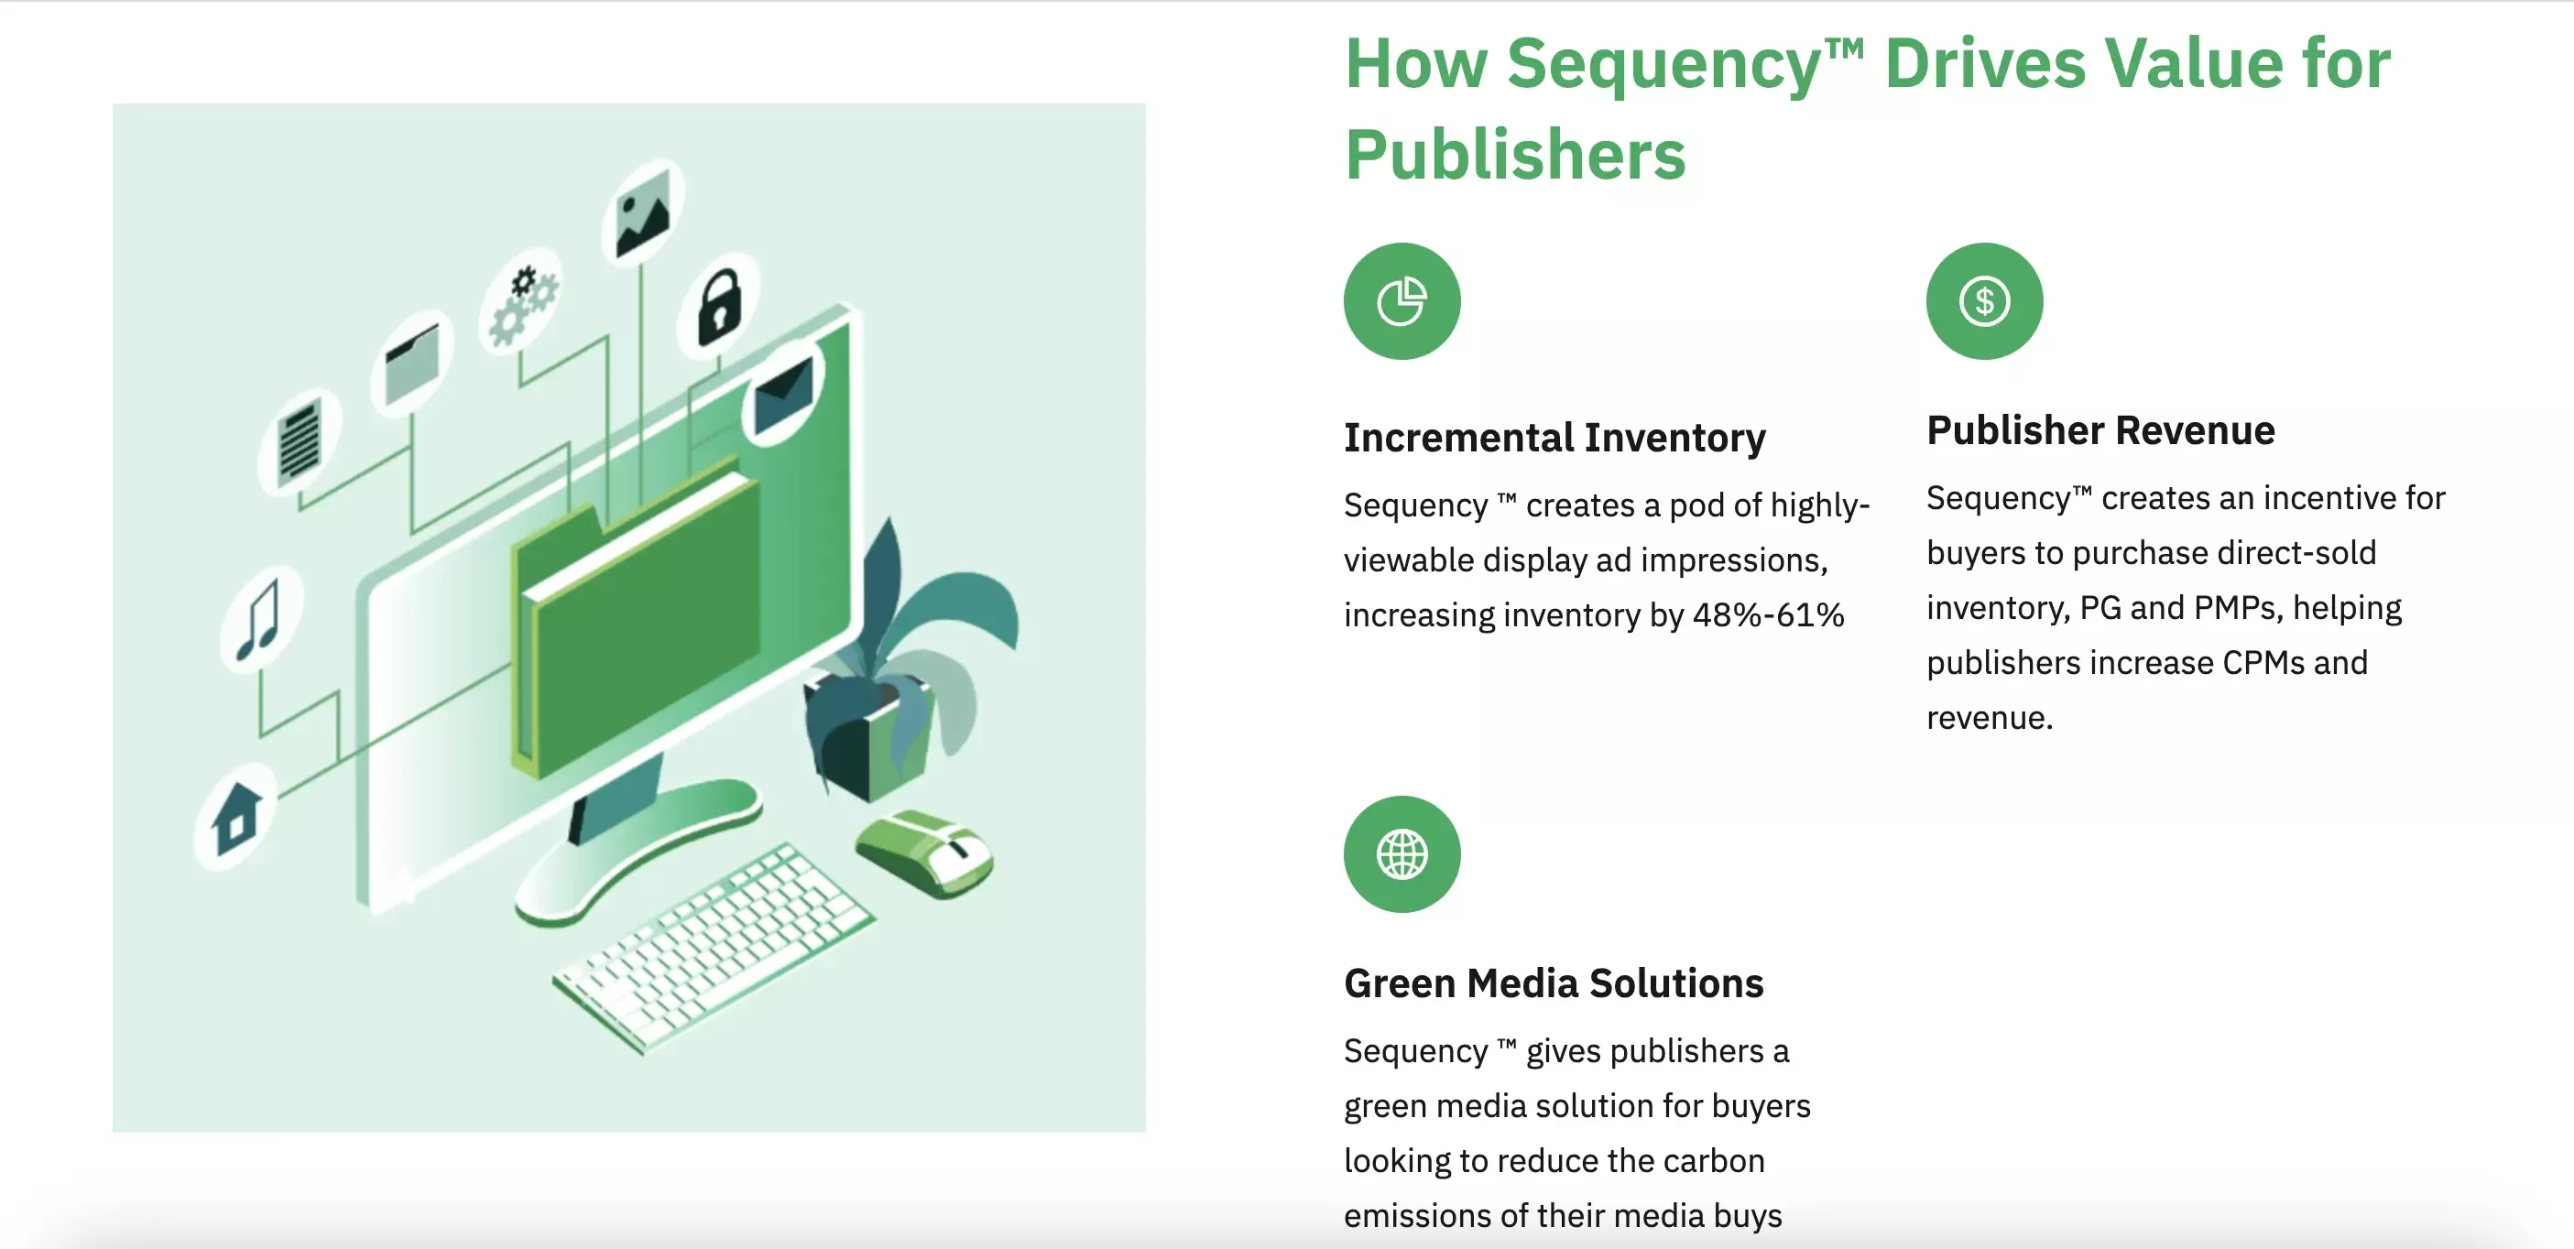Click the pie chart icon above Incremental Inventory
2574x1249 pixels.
click(x=1402, y=300)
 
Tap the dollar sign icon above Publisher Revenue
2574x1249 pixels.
click(x=1984, y=300)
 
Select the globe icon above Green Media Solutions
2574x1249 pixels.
click(x=1402, y=854)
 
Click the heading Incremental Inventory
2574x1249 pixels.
click(x=1554, y=438)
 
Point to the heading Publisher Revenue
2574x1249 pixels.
click(x=2100, y=429)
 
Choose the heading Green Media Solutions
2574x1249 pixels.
click(x=1554, y=983)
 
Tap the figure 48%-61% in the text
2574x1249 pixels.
click(x=1769, y=614)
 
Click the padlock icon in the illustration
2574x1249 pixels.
click(x=719, y=306)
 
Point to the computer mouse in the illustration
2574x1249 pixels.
click(x=924, y=852)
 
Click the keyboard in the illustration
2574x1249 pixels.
click(x=714, y=949)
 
